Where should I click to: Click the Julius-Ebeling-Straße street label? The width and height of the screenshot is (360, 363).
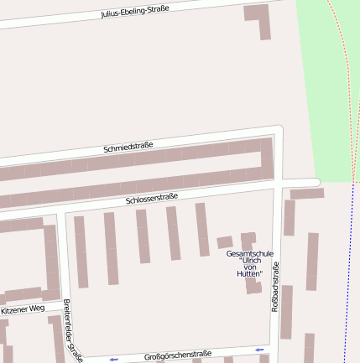134,11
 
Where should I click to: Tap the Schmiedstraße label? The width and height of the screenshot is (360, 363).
128,148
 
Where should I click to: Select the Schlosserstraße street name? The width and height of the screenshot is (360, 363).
152,200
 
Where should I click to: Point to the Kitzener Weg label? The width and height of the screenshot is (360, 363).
23,309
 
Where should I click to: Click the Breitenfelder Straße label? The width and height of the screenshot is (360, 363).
72,330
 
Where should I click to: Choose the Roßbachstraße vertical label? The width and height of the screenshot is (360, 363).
275,288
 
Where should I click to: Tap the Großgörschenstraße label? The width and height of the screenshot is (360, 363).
178,355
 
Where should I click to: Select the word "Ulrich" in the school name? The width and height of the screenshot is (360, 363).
252,261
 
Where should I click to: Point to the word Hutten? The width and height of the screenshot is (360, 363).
250,274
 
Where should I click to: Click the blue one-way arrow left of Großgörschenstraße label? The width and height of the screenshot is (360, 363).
113,360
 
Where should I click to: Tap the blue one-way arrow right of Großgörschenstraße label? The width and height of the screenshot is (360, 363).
259,349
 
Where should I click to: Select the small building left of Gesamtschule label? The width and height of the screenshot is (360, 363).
224,242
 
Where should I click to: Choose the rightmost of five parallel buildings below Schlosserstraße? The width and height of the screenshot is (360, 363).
201,229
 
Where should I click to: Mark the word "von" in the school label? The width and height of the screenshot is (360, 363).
250,267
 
